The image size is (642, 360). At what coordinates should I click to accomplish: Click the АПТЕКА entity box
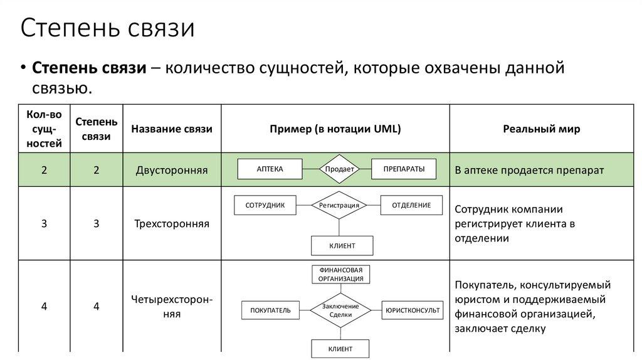coord(270,169)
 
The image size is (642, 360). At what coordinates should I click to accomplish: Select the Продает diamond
coord(339,169)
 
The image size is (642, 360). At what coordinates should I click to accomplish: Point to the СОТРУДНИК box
coord(265,205)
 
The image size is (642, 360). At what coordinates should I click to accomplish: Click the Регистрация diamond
coord(339,205)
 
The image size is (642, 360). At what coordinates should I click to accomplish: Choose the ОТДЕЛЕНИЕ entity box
coord(411,205)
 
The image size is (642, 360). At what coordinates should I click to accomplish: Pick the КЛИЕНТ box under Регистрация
coord(342,246)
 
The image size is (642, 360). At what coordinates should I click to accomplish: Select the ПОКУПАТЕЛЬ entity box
coord(270,310)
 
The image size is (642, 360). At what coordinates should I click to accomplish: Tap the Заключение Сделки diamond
coord(340,310)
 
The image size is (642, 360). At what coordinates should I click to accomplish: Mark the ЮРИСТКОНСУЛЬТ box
coord(413,310)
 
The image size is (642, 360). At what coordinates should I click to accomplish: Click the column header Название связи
coord(171,129)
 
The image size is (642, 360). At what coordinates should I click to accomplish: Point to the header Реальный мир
coord(542,129)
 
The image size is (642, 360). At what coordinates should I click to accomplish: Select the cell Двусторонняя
coord(171,170)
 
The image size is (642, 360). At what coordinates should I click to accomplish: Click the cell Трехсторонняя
coord(171,223)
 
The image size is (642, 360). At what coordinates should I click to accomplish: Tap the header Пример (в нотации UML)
coord(335,129)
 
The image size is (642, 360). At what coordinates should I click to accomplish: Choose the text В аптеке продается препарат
coord(529,170)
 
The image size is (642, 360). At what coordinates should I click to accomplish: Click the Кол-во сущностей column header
coord(44,129)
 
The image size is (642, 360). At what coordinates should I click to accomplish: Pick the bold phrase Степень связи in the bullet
coord(89,68)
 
